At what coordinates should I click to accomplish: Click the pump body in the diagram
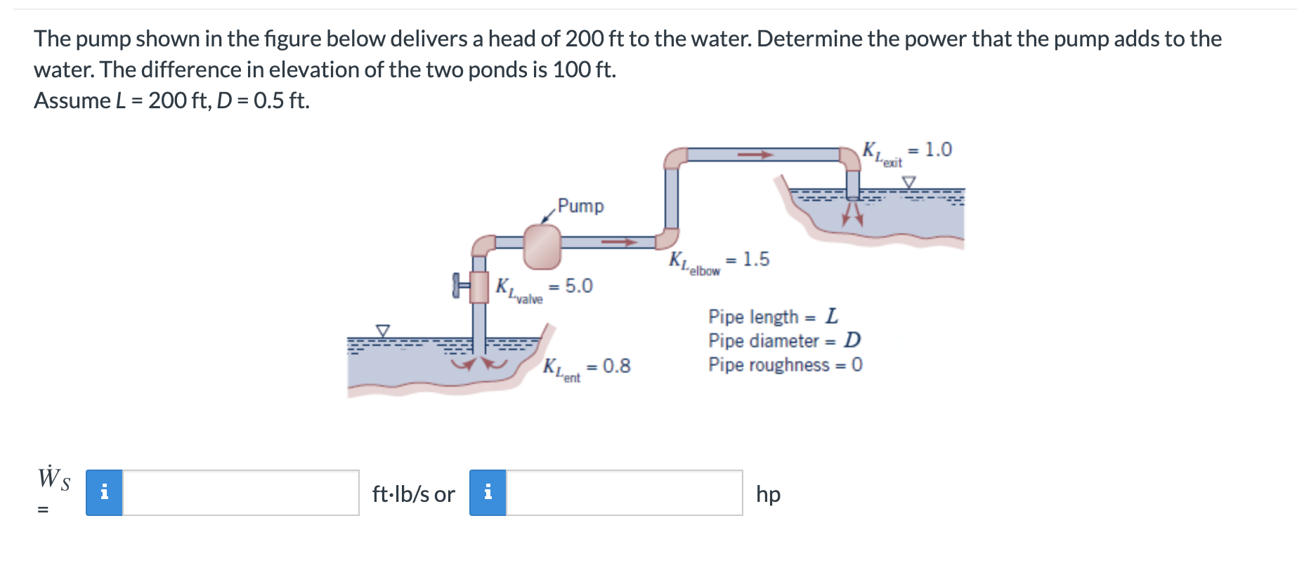point(542,246)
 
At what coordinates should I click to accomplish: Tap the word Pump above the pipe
point(580,206)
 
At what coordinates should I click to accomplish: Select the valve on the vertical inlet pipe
point(478,286)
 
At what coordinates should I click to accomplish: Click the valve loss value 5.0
point(579,286)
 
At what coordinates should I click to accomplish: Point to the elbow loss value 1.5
point(756,259)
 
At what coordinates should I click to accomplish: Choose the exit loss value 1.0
point(938,150)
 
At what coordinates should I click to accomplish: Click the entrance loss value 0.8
point(616,366)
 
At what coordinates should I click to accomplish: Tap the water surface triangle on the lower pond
point(383,330)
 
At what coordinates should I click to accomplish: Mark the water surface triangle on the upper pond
point(909,182)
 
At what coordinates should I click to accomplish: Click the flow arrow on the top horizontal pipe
point(755,155)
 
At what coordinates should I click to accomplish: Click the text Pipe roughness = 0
point(785,365)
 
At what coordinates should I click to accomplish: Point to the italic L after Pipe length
point(832,316)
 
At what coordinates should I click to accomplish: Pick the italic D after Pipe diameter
point(852,341)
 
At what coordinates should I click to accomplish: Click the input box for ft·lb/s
point(240,493)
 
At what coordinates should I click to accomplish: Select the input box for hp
point(624,493)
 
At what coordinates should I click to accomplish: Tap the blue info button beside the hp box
point(488,493)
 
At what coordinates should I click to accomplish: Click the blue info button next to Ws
point(104,493)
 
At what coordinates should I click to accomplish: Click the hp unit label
point(768,494)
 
